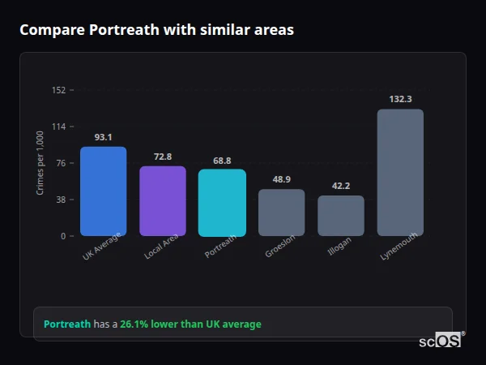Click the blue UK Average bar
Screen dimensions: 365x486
point(103,191)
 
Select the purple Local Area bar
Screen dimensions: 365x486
point(163,201)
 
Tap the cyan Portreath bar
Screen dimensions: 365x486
point(222,203)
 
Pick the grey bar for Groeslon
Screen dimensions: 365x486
point(281,213)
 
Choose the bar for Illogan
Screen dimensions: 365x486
point(341,216)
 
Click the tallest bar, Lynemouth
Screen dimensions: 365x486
point(400,173)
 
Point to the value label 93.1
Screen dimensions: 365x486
point(103,137)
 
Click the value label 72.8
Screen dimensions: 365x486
point(163,157)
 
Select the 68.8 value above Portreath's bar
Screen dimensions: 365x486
point(222,161)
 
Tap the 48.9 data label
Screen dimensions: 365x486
point(281,179)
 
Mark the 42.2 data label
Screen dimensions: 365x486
point(341,186)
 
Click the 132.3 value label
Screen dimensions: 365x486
point(400,99)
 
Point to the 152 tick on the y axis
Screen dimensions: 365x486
point(58,90)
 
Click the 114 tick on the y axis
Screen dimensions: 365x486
point(58,127)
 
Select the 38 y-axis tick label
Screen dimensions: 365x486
point(60,200)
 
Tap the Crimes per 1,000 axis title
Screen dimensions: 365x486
point(40,163)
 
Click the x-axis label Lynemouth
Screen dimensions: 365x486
point(399,248)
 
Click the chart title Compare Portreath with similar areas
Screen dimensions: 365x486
point(156,30)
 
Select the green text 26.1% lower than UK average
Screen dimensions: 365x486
point(190,324)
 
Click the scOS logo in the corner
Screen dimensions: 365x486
point(441,341)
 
